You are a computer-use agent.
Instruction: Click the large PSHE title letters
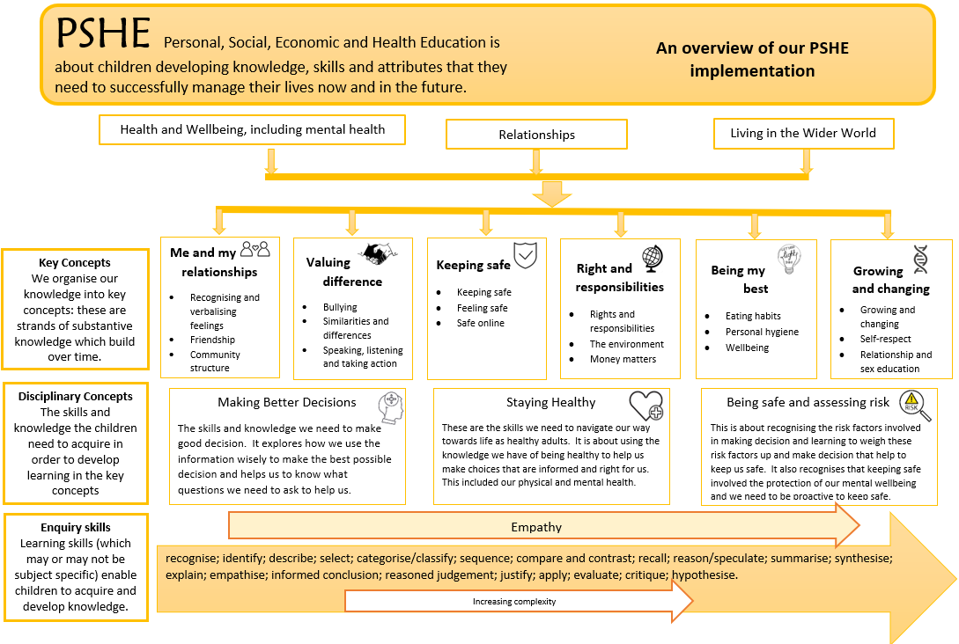pos(104,33)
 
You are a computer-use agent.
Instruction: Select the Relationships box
pos(536,135)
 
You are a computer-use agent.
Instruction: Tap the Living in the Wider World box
pos(803,133)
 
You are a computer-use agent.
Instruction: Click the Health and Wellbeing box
pos(253,129)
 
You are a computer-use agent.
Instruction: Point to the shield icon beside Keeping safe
pos(526,255)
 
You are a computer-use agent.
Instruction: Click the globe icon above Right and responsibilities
pos(653,258)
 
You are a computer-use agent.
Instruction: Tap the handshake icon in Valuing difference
pos(379,254)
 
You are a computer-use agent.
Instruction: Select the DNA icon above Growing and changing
pos(920,259)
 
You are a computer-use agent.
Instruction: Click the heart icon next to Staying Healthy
pos(645,406)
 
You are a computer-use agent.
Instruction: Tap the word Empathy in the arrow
pos(536,527)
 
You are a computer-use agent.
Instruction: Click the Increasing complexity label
pos(514,602)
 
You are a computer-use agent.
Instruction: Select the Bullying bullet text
pos(340,307)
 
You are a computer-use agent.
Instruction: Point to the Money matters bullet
pos(623,359)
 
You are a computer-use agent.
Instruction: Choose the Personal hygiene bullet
pos(762,332)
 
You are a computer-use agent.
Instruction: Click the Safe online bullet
pos(480,324)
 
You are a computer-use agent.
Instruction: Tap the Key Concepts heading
pos(75,262)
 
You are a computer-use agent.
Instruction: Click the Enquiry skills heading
pos(76,527)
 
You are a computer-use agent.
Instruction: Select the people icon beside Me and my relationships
pos(255,250)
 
